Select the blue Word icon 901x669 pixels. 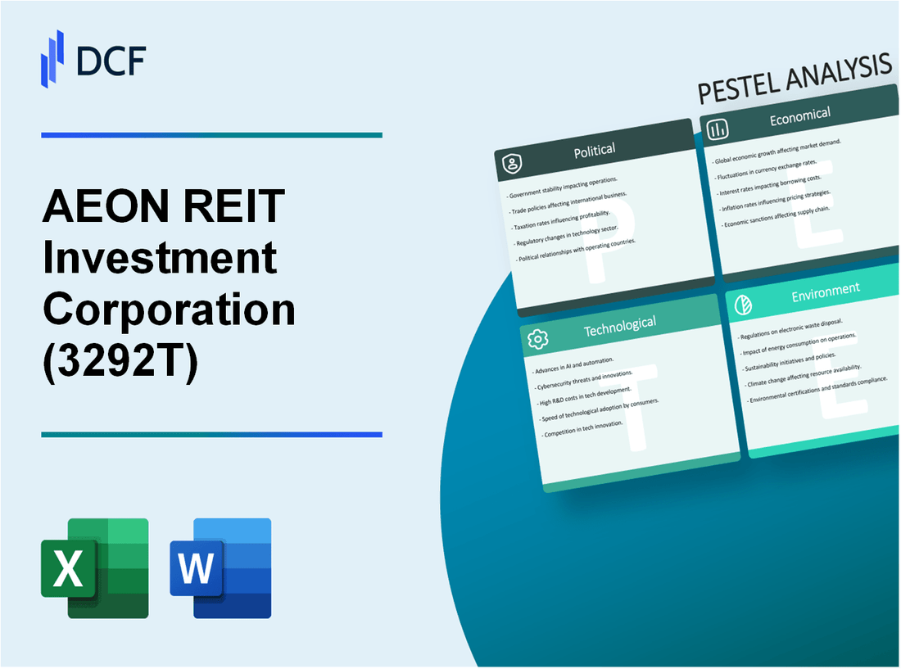(220, 567)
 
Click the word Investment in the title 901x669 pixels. (160, 259)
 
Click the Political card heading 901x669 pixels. (595, 150)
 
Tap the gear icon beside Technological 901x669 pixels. (538, 338)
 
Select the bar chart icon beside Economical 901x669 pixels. (718, 129)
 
